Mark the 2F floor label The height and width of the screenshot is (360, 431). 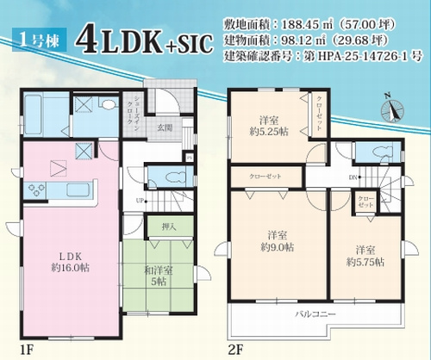tap(235, 351)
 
